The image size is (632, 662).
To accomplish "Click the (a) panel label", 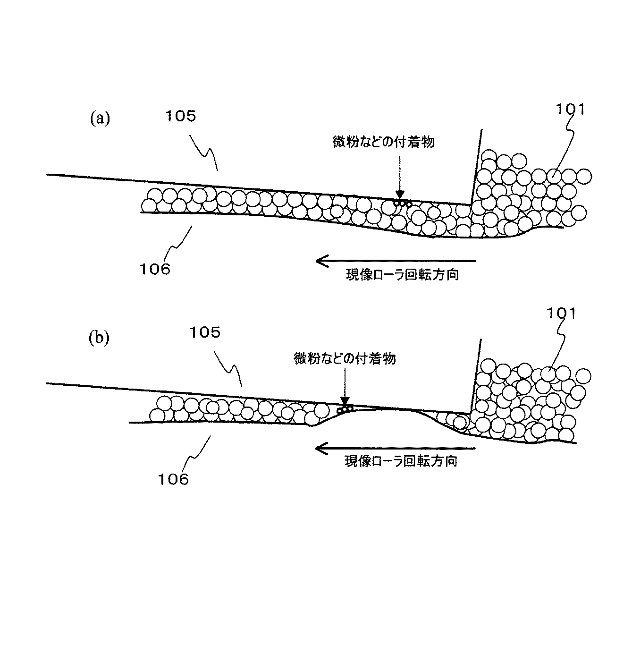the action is [100, 119].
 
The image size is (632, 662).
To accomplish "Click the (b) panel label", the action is [99, 338].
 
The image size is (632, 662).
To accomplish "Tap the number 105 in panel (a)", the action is [180, 116].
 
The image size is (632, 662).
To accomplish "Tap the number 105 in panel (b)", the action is [205, 332].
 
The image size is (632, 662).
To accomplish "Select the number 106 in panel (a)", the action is [155, 270].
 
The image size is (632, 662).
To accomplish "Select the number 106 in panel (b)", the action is [173, 480].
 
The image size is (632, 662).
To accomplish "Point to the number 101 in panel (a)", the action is [570, 110].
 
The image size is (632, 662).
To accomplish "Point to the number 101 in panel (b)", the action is [561, 314].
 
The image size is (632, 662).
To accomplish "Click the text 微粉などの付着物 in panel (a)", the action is [383, 142].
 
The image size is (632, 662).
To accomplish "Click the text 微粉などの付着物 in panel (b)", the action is [345, 358].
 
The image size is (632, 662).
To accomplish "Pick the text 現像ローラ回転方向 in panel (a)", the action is [402, 274].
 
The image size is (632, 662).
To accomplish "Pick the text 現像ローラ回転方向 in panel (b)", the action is [401, 461].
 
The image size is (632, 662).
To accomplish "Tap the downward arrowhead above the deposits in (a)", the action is [400, 195].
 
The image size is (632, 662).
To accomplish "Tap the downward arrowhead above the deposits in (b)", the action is [345, 401].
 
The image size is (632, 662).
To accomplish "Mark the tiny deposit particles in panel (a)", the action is [403, 204].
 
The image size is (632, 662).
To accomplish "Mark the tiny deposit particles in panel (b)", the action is [345, 409].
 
